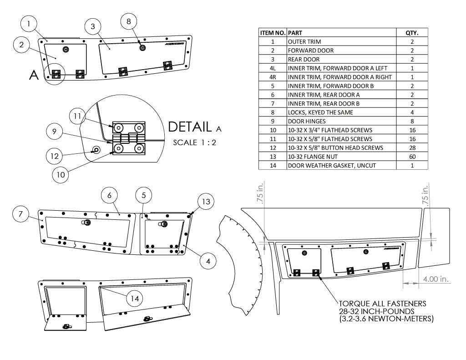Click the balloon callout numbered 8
pyautogui.click(x=129, y=21)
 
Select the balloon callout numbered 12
pyautogui.click(x=55, y=156)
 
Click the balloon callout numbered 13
pyautogui.click(x=206, y=202)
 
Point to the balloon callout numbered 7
pyautogui.click(x=21, y=214)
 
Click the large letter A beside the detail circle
pyautogui.click(x=33, y=76)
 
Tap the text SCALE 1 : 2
pyautogui.click(x=194, y=142)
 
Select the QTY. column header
pyautogui.click(x=412, y=33)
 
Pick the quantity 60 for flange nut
pyautogui.click(x=412, y=157)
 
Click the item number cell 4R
pyautogui.click(x=273, y=77)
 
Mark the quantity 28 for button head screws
pyautogui.click(x=412, y=147)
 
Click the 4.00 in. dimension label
pyautogui.click(x=436, y=279)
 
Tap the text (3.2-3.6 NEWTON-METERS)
pyautogui.click(x=386, y=319)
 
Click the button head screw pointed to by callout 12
pyautogui.click(x=96, y=150)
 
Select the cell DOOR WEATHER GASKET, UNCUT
pyautogui.click(x=332, y=165)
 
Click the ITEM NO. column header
pyautogui.click(x=273, y=33)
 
